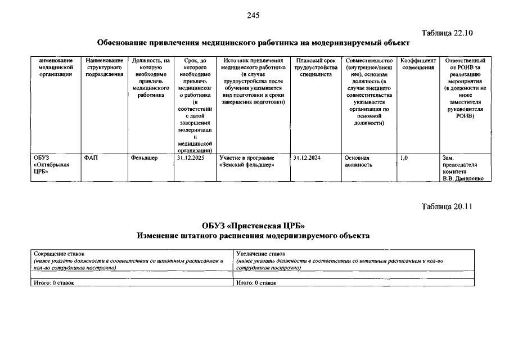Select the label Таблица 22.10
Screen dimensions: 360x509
click(x=447, y=33)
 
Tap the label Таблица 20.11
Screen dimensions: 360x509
click(x=447, y=206)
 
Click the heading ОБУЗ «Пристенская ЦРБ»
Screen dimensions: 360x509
click(x=253, y=226)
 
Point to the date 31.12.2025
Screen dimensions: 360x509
click(x=191, y=158)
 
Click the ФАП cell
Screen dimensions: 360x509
click(x=91, y=158)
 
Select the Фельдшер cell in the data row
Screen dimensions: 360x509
click(x=145, y=158)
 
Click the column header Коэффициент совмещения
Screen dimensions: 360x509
click(x=418, y=64)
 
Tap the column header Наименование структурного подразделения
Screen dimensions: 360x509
click(x=104, y=67)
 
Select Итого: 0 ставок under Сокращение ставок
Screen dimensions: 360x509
click(x=53, y=282)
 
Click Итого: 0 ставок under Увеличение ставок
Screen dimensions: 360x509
click(x=256, y=282)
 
